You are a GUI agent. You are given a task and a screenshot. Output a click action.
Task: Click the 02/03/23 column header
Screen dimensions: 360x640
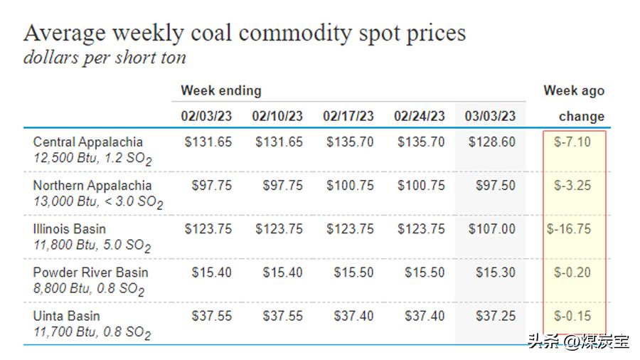[x=206, y=116]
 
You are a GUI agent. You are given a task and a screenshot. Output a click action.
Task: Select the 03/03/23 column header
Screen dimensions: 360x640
[x=491, y=116]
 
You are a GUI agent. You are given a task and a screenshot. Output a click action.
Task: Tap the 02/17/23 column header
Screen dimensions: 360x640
[x=348, y=116]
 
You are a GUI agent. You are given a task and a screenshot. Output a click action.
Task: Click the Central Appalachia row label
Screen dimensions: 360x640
[x=87, y=142]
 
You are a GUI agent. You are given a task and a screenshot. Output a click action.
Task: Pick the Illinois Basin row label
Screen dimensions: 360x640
[x=69, y=229]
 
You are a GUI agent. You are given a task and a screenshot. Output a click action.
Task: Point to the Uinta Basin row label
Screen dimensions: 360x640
[x=66, y=316]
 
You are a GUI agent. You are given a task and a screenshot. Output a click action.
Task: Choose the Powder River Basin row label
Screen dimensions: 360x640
[x=90, y=272]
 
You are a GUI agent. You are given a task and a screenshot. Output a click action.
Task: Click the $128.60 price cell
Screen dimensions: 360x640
[x=492, y=142]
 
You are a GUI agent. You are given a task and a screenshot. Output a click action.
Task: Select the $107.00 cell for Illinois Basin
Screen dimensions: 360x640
[x=492, y=229]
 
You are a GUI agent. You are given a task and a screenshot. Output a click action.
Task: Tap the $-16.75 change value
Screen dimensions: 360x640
[x=569, y=229]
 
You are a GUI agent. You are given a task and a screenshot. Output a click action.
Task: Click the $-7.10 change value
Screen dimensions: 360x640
[x=572, y=142]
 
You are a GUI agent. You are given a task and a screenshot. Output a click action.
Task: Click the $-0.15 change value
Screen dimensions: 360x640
[x=572, y=316]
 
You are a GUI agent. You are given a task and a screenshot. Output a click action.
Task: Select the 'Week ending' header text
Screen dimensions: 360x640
[x=220, y=90]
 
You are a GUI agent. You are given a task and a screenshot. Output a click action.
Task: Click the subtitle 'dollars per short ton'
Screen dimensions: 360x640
[x=105, y=58]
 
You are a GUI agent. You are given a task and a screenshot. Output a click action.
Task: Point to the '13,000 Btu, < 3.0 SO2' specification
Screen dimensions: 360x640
[x=98, y=203]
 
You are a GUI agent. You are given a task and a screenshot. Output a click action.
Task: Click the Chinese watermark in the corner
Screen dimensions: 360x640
[x=577, y=342]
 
